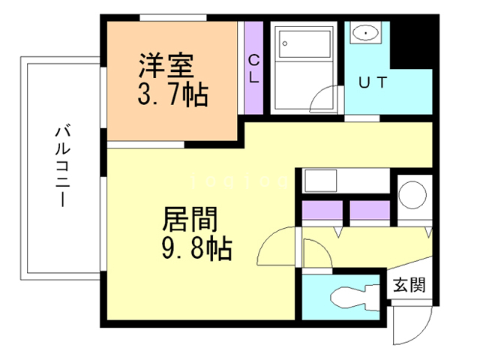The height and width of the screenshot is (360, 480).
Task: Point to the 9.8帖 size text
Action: pyautogui.click(x=197, y=247)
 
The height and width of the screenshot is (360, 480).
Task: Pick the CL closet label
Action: pyautogui.click(x=253, y=68)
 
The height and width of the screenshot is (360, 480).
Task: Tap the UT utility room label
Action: pyautogui.click(x=373, y=83)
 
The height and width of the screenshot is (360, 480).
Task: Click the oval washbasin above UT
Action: pyautogui.click(x=366, y=33)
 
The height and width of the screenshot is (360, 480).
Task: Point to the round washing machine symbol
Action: pyautogui.click(x=412, y=195)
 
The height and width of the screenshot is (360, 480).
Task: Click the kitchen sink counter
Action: pyautogui.click(x=322, y=182)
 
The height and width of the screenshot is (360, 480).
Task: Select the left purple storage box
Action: pyautogui.click(x=322, y=213)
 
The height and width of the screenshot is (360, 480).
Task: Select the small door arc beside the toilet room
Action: pyautogui.click(x=315, y=251)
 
